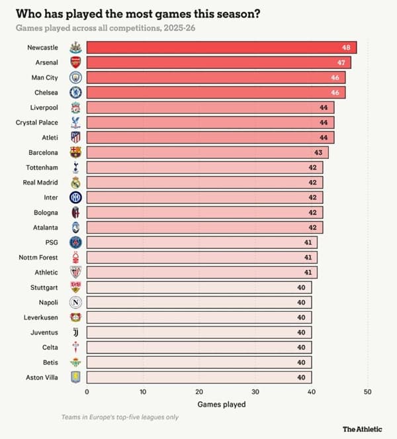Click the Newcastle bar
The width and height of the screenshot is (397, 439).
coord(222,47)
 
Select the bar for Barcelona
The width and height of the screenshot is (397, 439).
coord(208,152)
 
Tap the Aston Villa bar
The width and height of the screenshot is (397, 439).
coord(199,377)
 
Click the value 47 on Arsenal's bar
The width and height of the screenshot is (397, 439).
coord(341,62)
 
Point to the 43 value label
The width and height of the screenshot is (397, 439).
coord(318,152)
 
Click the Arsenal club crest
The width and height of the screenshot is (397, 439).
coord(75,62)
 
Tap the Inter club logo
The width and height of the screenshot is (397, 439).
coord(75,197)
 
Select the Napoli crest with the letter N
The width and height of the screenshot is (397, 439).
coord(75,303)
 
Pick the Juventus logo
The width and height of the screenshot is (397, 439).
coord(75,332)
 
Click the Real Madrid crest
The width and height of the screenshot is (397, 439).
coord(75,183)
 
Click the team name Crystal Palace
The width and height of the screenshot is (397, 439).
coord(37,122)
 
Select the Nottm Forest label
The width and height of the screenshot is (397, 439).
coord(38,258)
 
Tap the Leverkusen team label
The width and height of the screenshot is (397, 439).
coord(41,317)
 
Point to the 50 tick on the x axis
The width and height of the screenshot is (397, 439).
coord(368,392)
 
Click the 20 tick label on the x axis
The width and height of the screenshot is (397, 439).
coord(199,392)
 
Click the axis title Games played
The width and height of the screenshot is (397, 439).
coord(222,405)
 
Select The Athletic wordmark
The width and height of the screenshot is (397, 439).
coord(363,429)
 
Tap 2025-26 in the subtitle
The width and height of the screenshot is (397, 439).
coord(179,28)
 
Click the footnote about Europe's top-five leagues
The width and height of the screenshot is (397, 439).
coord(120,417)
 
